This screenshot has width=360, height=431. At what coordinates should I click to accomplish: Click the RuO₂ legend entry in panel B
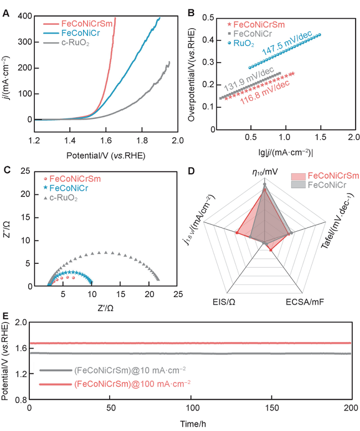[243, 43]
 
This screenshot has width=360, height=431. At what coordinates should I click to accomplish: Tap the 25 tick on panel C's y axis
[24, 172]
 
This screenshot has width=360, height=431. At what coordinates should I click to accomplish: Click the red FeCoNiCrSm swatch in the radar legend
[298, 176]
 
